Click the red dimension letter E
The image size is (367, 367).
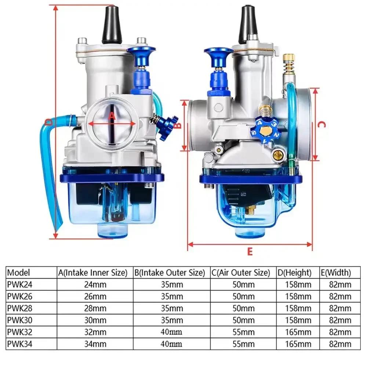250,252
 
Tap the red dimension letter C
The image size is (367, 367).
322,124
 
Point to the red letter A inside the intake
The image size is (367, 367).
113,116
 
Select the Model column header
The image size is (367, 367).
18,272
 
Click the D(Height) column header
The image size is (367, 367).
294,273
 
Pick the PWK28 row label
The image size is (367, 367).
20,308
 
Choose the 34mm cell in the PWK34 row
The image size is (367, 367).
95,344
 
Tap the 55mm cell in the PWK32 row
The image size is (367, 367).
243,332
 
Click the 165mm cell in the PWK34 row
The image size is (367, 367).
298,344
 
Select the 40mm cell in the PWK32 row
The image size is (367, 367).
171,332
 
